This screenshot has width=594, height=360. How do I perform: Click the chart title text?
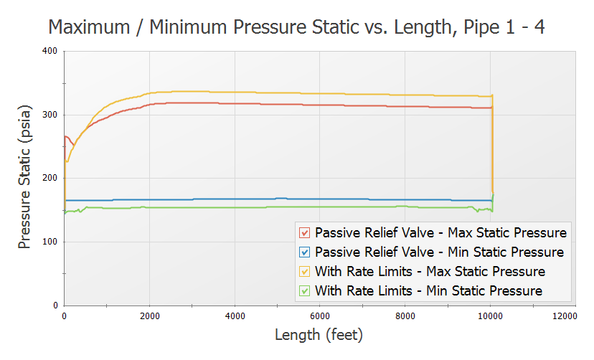[297, 27]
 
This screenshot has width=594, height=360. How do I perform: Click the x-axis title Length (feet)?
[319, 335]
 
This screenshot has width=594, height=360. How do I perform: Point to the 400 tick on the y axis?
[49, 51]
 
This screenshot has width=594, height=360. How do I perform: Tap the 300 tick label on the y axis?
[49, 115]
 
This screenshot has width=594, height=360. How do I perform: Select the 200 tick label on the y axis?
[49, 179]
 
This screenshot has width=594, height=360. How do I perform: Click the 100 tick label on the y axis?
[49, 242]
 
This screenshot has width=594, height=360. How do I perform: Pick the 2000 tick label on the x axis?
[149, 316]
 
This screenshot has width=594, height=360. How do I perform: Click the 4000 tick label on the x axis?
[235, 316]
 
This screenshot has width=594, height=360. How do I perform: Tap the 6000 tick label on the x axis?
[319, 316]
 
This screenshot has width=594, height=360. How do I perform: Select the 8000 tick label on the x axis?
[405, 316]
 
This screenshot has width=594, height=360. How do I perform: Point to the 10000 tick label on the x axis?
[490, 316]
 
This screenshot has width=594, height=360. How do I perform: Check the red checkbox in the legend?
[305, 233]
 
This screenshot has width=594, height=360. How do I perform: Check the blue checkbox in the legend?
[305, 252]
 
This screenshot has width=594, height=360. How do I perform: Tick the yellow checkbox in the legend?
[305, 272]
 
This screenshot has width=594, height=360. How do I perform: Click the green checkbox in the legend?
[305, 291]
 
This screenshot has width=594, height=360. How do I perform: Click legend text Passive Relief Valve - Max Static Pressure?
[440, 233]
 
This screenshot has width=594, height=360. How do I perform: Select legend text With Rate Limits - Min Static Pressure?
[428, 291]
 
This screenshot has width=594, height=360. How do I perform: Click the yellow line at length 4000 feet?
[235, 92]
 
